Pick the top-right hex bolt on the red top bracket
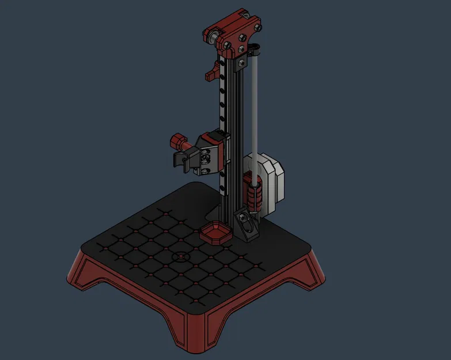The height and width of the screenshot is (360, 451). [x=256, y=25]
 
